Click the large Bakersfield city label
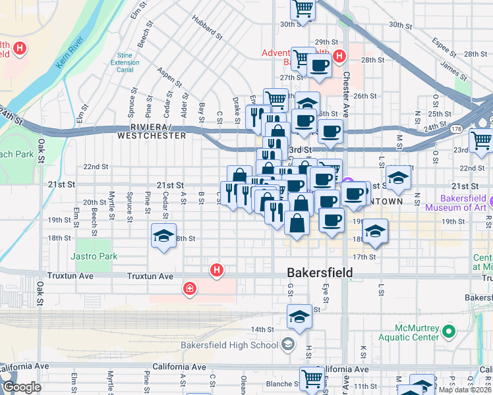pyautogui.click(x=320, y=273)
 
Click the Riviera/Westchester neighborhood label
pyautogui.click(x=151, y=130)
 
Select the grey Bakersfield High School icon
pyautogui.click(x=288, y=344)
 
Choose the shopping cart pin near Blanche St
pyautogui.click(x=311, y=378)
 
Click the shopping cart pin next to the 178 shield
pyautogui.click(x=480, y=140)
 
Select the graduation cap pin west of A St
pyautogui.click(x=163, y=236)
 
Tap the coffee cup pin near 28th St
pyautogui.click(x=320, y=66)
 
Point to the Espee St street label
pyautogui.click(x=444, y=46)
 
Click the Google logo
pyautogui.click(x=22, y=387)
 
